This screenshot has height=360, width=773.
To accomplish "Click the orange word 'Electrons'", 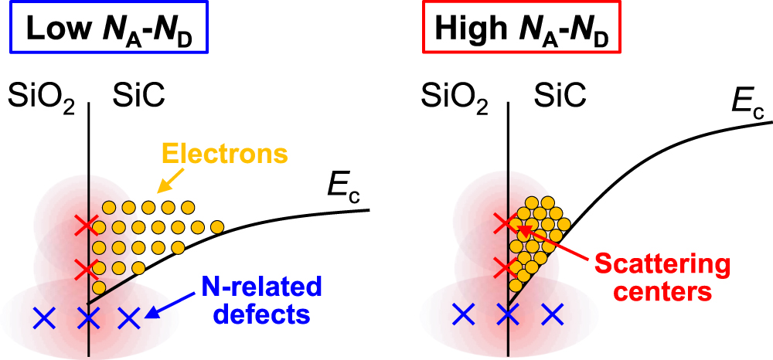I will coord(224,154).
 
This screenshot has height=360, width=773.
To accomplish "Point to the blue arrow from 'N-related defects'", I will coord(169,307).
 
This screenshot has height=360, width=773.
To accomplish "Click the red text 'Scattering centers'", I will coord(662,278).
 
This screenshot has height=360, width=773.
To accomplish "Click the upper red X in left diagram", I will coord(87,225).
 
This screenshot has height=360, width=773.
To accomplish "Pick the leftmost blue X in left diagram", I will coord(45,316).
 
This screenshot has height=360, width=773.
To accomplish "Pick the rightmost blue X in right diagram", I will coord(550,314).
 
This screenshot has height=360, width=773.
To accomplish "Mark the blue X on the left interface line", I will coord(89,317).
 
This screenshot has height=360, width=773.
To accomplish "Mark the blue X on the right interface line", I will coord(506,314).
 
